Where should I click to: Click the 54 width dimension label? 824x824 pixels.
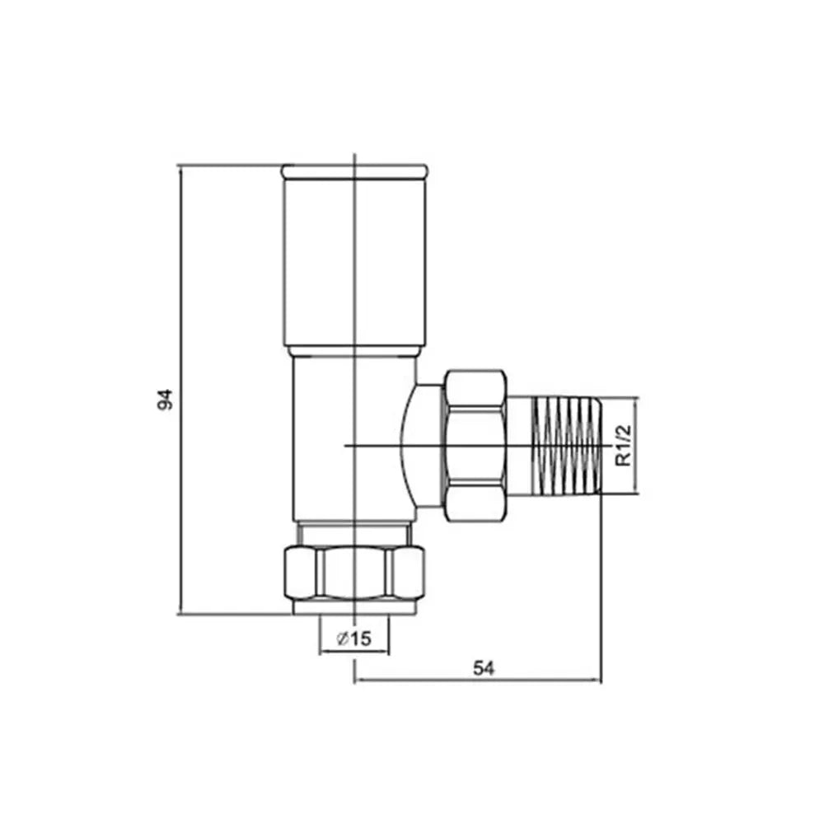(x=483, y=668)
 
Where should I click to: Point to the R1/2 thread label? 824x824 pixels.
(x=624, y=446)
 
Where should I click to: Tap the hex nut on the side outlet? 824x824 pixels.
(x=475, y=445)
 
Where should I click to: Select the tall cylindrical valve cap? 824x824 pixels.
(x=354, y=264)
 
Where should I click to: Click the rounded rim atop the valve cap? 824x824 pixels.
(x=354, y=171)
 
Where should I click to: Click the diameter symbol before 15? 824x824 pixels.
(x=341, y=639)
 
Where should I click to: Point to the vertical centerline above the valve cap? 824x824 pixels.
(x=353, y=159)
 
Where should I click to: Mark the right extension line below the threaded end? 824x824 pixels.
(x=602, y=593)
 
